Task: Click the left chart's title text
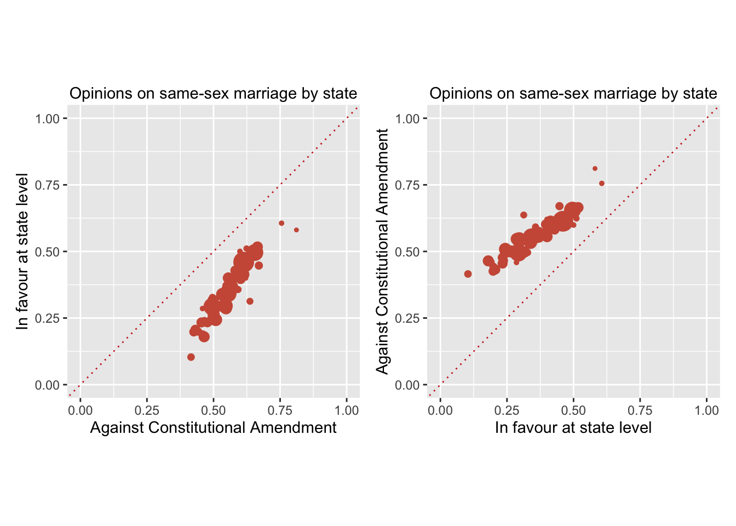tap(213, 94)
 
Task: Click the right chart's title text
tap(573, 94)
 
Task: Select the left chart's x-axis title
tap(213, 427)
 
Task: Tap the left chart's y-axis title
tap(22, 251)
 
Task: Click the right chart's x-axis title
tap(573, 427)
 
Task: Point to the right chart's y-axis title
tap(382, 251)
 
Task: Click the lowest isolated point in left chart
tap(191, 357)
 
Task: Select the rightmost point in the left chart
tap(296, 230)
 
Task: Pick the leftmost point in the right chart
tap(468, 274)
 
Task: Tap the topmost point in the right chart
tap(595, 169)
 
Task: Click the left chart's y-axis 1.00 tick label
tap(48, 119)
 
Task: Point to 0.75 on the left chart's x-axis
tap(280, 410)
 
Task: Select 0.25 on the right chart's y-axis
tap(407, 318)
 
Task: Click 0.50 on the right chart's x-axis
tap(573, 410)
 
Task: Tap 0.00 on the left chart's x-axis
tap(81, 410)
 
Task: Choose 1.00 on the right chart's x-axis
tap(706, 410)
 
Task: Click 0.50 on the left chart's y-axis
tap(48, 252)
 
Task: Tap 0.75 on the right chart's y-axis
tap(407, 185)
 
